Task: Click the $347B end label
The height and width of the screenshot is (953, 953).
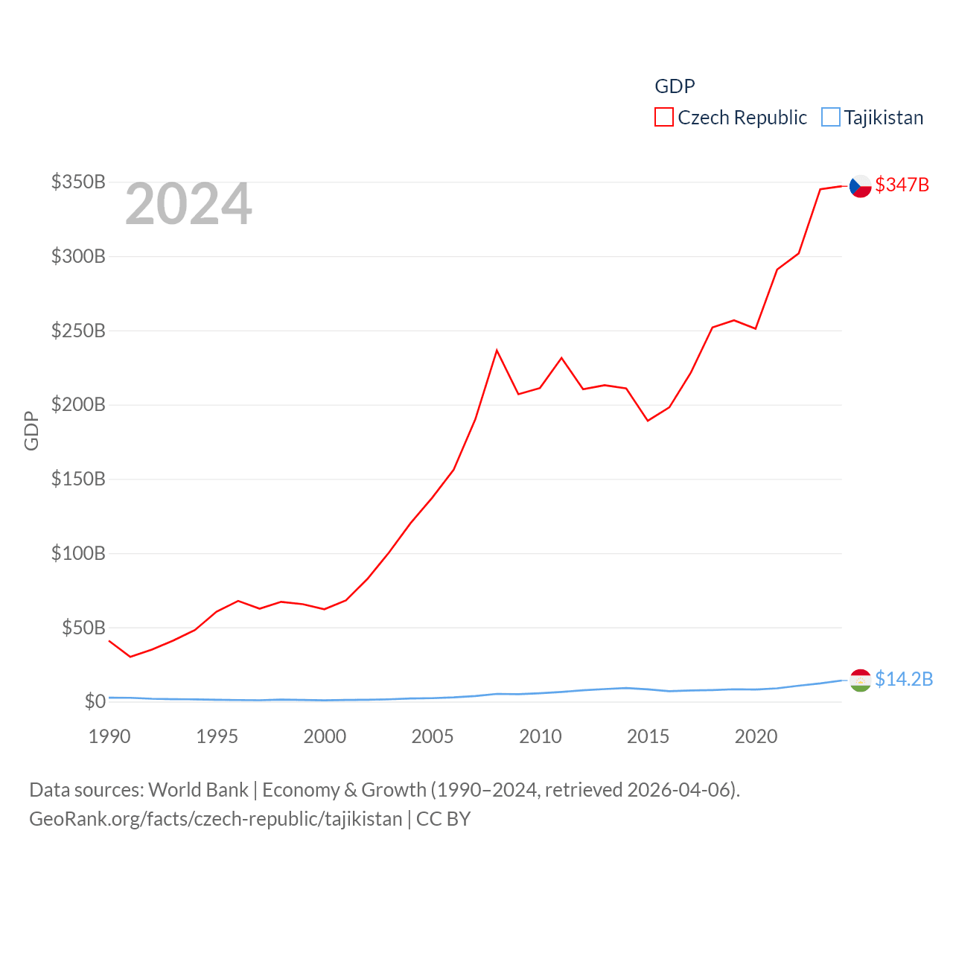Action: tap(902, 185)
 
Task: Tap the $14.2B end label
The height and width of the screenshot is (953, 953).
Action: tap(903, 679)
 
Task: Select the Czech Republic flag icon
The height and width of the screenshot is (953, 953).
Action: tap(861, 186)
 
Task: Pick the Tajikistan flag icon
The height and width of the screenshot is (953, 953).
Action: tap(861, 680)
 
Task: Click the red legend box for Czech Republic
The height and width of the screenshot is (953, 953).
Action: tap(664, 118)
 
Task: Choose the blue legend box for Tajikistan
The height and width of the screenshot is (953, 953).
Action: tap(831, 118)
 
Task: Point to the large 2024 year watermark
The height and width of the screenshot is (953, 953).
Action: tap(188, 205)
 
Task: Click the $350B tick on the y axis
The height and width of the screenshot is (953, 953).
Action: tap(78, 182)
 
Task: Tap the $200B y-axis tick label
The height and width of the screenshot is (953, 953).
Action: tap(78, 404)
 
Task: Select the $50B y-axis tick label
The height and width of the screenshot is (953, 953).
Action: tap(83, 628)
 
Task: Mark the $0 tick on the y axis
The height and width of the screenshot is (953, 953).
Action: tap(95, 701)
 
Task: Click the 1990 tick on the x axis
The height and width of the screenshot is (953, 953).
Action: tap(109, 736)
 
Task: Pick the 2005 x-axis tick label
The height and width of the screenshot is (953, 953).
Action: tap(433, 736)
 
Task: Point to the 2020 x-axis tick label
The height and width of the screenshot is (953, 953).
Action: tap(756, 736)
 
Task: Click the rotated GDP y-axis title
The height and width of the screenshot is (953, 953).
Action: tap(31, 430)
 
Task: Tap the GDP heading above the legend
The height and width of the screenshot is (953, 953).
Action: tap(675, 86)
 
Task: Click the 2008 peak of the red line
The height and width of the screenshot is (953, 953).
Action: tap(497, 350)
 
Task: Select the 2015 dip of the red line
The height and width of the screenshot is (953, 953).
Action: tap(648, 421)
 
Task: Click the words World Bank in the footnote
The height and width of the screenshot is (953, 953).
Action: tap(198, 789)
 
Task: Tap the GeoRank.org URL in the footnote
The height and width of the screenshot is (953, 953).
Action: tap(216, 819)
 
